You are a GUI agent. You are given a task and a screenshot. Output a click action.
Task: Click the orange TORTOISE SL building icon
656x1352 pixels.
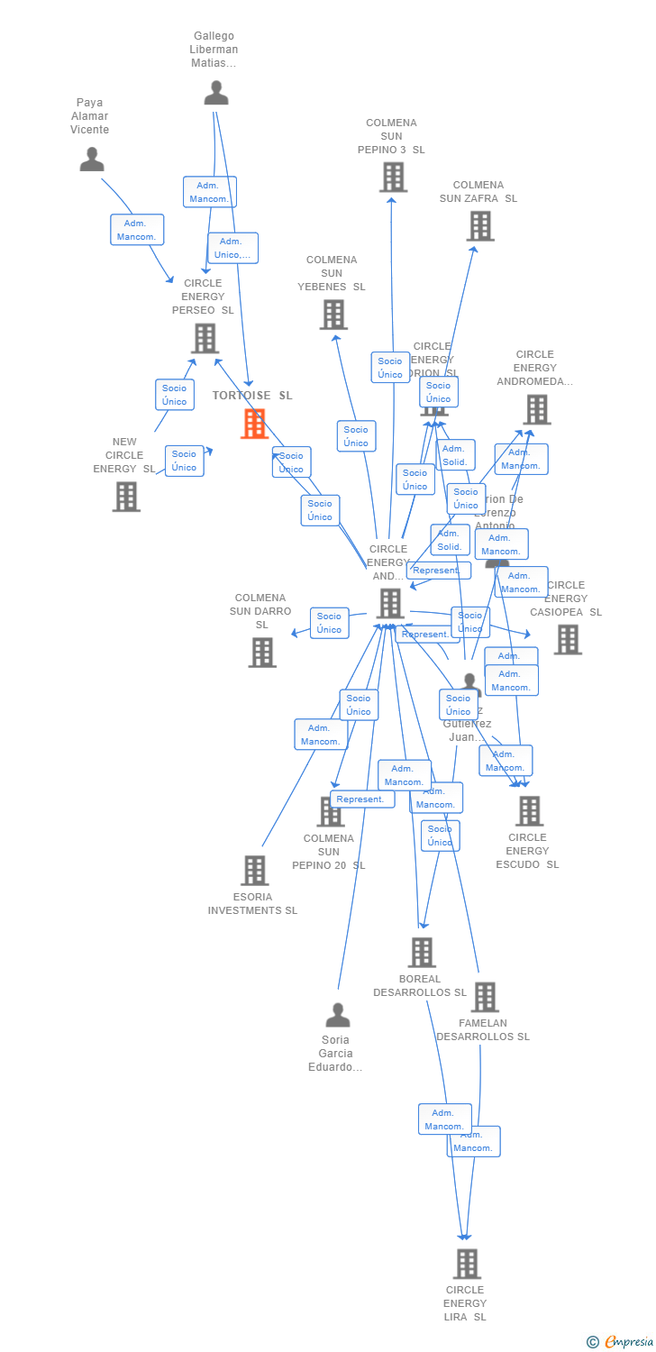point(254,424)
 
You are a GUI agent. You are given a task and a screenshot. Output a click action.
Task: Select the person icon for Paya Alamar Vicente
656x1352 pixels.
point(92,160)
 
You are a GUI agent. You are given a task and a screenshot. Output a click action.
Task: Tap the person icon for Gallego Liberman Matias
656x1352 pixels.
point(216,93)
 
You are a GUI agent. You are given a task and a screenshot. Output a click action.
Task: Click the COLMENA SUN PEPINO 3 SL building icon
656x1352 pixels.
point(393,178)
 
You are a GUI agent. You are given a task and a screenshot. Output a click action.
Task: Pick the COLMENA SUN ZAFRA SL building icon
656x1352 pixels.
point(480,226)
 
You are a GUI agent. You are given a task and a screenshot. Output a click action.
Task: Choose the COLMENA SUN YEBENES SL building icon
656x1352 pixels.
point(333,315)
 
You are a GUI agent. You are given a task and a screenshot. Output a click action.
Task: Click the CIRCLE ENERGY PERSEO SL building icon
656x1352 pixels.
point(205,338)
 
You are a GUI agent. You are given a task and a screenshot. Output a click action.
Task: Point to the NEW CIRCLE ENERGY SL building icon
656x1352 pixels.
point(126,496)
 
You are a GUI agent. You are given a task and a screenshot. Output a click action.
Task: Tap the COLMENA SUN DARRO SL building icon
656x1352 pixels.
point(262,653)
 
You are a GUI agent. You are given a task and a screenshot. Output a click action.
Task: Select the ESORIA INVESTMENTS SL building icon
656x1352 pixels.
point(255,871)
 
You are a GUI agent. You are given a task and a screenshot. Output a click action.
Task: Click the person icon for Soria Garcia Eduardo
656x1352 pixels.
point(338,1016)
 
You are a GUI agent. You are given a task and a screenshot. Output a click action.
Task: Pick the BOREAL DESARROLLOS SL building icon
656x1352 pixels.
point(422,953)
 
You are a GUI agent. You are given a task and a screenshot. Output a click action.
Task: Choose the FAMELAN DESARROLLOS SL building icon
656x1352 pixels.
point(485,997)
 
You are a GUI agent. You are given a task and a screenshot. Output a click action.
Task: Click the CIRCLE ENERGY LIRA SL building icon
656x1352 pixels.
point(467,1264)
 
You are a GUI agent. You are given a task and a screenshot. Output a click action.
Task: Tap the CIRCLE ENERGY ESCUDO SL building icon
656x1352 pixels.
point(529,811)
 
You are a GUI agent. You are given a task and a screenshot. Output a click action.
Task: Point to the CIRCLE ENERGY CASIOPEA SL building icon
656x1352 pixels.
point(568,639)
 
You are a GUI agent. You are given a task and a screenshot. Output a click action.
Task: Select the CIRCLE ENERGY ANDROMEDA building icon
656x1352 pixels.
point(537,409)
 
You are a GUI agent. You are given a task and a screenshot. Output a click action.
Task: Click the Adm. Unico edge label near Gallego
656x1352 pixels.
point(232,248)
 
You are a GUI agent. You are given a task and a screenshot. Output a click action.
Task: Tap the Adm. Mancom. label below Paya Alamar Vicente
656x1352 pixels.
point(137,230)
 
